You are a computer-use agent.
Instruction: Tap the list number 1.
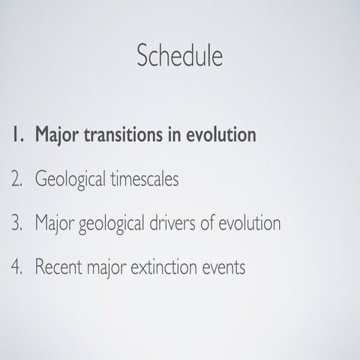[16, 136]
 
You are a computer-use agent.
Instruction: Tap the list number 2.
[16, 180]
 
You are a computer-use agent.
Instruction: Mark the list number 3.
[16, 223]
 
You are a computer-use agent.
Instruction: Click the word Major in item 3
[53, 223]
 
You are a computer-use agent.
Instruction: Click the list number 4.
[16, 267]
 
